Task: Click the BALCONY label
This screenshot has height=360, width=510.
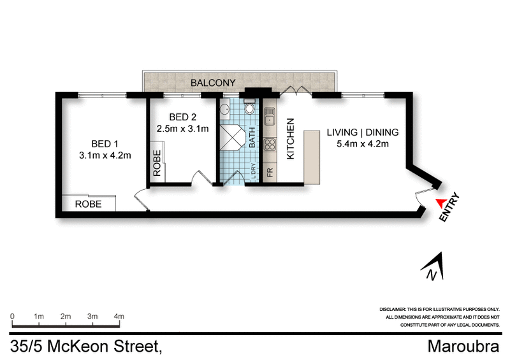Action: pyautogui.click(x=214, y=82)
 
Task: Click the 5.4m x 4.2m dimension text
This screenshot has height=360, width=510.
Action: pyautogui.click(x=362, y=143)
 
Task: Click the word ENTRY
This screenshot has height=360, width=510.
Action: pyautogui.click(x=451, y=207)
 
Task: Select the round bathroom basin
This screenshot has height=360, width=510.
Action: pyautogui.click(x=226, y=110)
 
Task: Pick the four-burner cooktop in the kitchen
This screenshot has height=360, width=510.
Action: pyautogui.click(x=269, y=143)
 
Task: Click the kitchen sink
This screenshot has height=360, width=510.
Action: pyautogui.click(x=269, y=117)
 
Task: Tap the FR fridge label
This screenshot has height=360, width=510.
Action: pyautogui.click(x=269, y=172)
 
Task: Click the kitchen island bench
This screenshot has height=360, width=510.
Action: pyautogui.click(x=310, y=157)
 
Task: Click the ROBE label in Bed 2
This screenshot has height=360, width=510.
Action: pyautogui.click(x=156, y=163)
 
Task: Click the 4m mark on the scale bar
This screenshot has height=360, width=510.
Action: pyautogui.click(x=119, y=316)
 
